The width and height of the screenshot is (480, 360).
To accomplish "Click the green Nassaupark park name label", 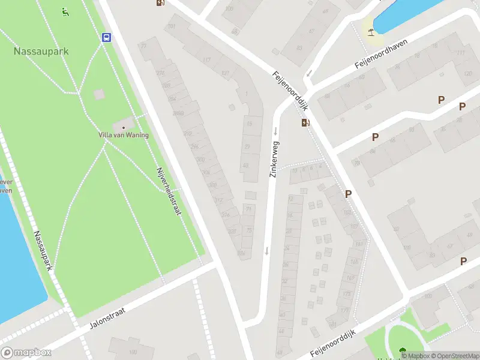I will click(41, 52).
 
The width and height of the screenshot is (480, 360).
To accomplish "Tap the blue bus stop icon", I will click(107, 38).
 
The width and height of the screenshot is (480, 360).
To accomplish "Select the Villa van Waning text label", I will click(124, 135).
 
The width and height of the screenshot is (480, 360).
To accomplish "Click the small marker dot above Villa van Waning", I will click(124, 127).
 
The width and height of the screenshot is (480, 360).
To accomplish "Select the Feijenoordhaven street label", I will click(385, 56).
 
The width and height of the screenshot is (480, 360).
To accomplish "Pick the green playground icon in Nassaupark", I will click(65, 11).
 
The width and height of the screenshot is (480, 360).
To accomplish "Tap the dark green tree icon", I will click(401, 352).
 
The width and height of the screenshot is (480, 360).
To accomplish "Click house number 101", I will click(172, 27).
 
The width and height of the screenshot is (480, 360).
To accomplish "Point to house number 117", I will click(207, 60).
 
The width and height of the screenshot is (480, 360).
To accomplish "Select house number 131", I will click(225, 74).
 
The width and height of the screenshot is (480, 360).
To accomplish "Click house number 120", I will click(467, 73).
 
